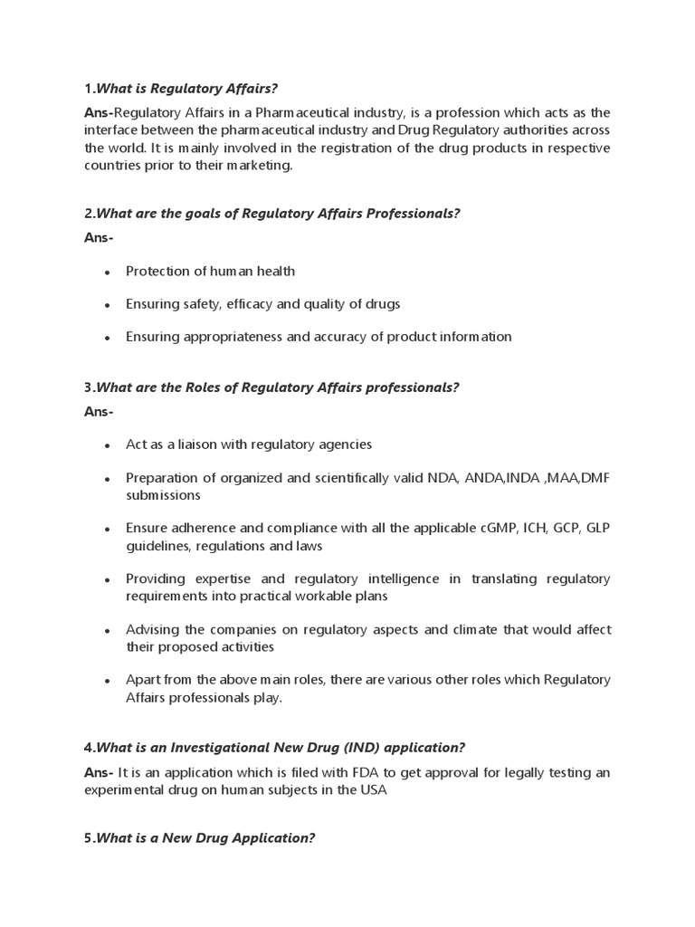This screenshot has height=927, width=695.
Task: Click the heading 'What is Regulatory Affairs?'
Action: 186,88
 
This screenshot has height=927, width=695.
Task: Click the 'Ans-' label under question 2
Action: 100,237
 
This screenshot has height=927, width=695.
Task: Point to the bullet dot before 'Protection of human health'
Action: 108,272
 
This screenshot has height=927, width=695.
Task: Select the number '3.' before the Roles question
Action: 89,387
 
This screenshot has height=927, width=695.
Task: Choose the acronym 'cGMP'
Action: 476,528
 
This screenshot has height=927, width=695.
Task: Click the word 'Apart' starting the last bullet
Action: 144,679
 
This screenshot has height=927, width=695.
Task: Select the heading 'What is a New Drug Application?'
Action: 205,837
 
